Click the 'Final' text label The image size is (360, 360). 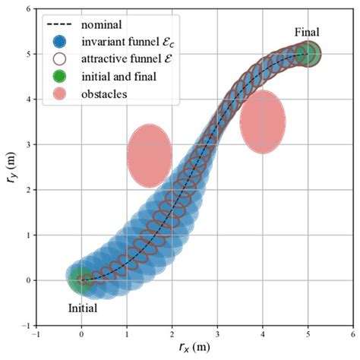308,32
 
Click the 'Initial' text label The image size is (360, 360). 81,309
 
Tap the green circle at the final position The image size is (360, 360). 308,54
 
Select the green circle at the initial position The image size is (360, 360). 82,279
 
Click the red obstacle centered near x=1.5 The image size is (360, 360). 149,155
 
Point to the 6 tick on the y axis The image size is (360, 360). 27,9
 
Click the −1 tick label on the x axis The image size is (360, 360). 36,333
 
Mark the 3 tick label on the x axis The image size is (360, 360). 217,333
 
